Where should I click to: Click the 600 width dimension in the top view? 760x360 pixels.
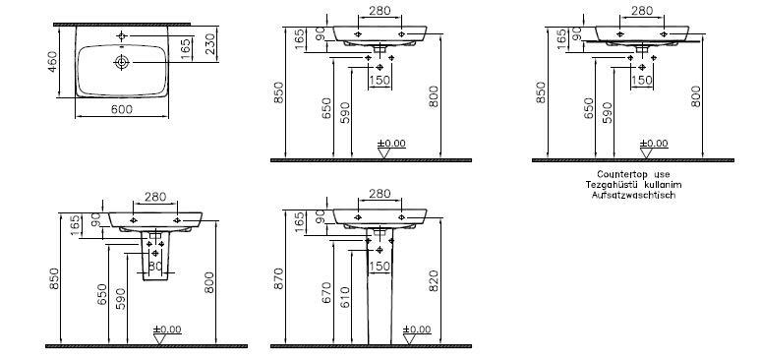(121, 109)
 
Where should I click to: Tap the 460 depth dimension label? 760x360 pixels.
(52, 62)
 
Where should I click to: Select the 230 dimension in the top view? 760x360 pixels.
(209, 44)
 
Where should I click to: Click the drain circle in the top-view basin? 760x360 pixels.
(121, 62)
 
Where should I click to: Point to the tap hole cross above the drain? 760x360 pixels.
(121, 35)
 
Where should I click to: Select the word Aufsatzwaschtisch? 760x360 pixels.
(633, 195)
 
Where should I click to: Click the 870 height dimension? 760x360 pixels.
(279, 278)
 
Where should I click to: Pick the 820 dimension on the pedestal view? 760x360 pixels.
(434, 281)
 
